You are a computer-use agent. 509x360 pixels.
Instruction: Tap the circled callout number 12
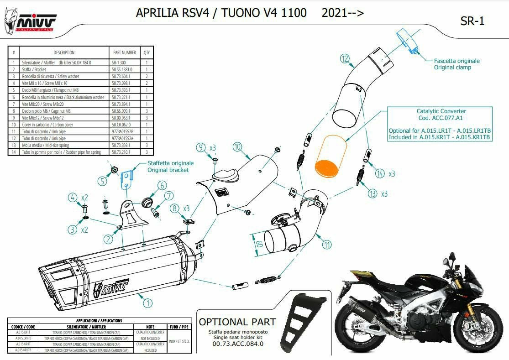[345, 58]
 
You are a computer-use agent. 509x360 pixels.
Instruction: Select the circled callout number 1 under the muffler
[147, 302]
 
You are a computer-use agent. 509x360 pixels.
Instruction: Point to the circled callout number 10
[237, 147]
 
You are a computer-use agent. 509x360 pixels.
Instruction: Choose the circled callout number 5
[102, 181]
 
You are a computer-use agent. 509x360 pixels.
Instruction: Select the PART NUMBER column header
[124, 52]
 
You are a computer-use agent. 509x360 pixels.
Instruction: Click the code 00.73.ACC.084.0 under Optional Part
[238, 344]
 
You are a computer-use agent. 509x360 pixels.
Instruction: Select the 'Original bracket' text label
[168, 170]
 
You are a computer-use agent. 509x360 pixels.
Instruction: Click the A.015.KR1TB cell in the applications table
[22, 350]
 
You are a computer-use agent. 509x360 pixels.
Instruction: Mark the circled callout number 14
[380, 173]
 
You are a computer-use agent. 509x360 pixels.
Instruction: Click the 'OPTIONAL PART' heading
[237, 322]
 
